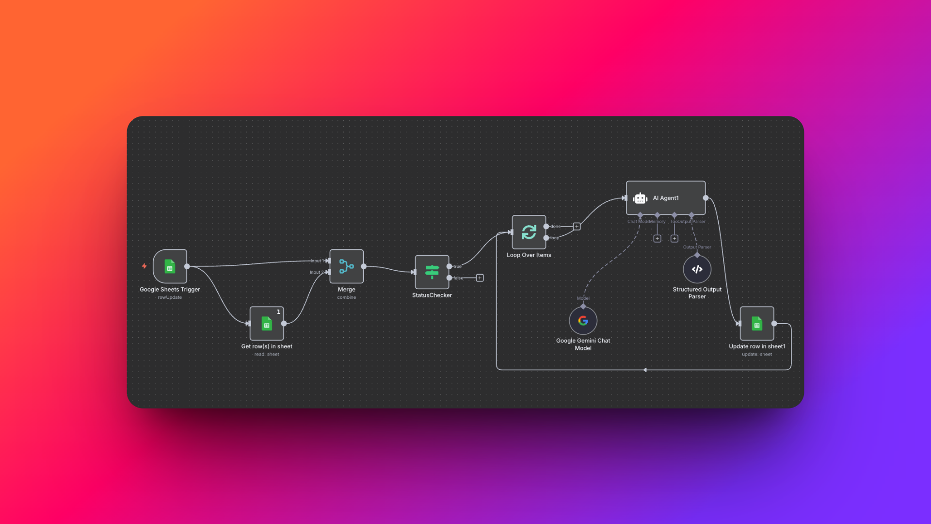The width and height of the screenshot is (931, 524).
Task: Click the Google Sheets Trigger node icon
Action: [170, 266]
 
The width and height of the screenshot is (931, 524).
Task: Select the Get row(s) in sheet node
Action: [267, 323]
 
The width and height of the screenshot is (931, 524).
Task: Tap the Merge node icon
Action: [346, 266]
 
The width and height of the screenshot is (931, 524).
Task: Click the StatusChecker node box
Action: [432, 272]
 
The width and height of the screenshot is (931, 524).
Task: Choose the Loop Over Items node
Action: [529, 232]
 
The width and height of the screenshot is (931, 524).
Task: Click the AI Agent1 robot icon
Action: [640, 198]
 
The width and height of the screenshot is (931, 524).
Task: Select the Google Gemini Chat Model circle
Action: [583, 321]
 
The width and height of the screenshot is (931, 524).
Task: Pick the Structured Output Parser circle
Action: [697, 269]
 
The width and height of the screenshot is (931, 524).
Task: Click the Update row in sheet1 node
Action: [756, 323]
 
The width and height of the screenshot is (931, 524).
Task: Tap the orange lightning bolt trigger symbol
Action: [144, 266]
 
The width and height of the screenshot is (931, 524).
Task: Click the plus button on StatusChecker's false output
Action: [480, 278]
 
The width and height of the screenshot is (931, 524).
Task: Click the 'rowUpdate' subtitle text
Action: [170, 297]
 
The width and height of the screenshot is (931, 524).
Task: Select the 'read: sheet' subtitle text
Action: [267, 354]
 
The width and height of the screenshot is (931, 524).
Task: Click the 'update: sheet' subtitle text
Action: [756, 354]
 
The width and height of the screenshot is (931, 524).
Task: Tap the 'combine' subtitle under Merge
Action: [346, 297]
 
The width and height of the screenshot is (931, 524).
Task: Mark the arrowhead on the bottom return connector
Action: [645, 370]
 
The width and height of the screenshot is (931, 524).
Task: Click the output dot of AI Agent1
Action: [706, 198]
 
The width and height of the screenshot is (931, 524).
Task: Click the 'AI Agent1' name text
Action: [665, 198]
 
